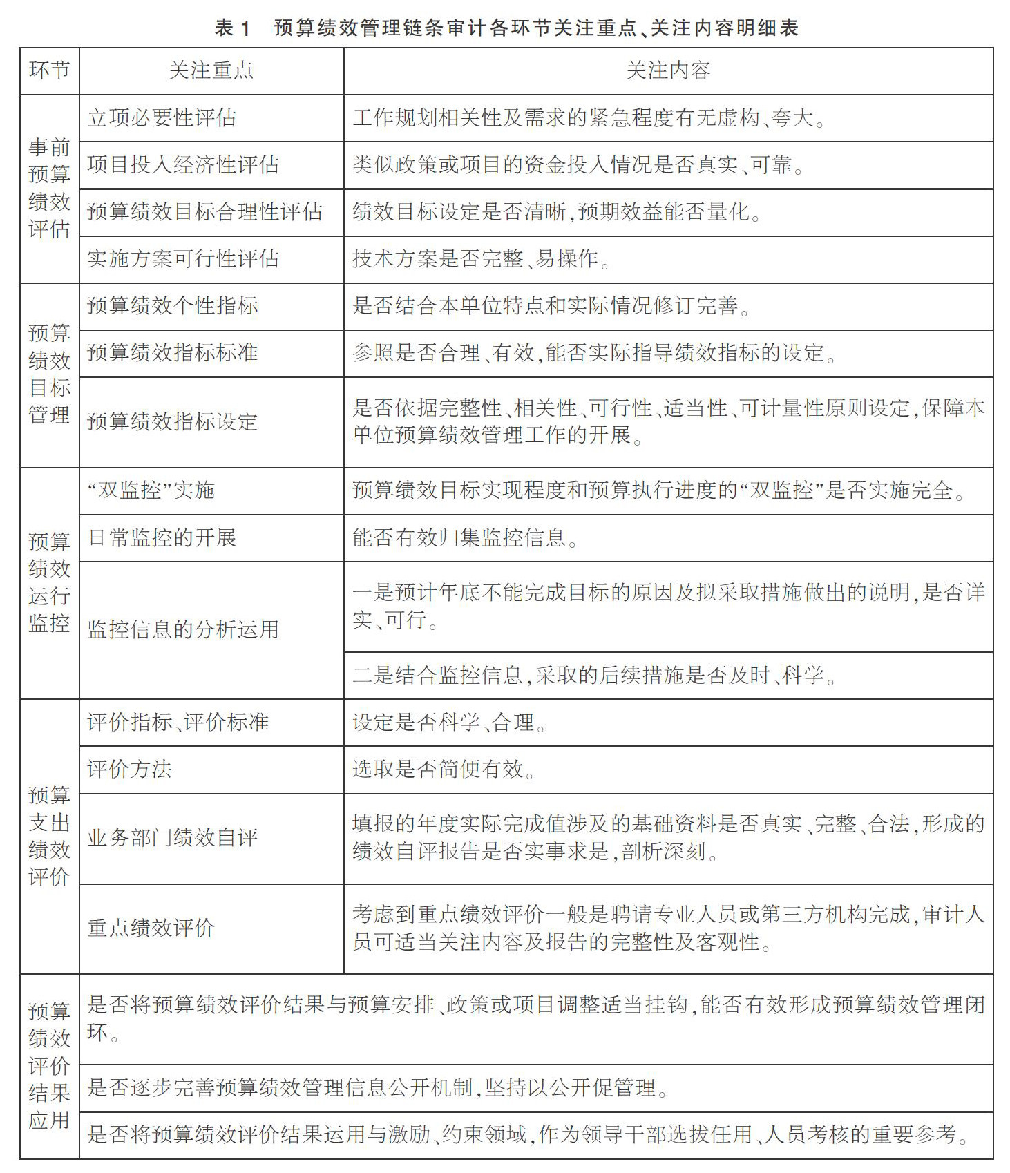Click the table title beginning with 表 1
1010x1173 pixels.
[506, 28]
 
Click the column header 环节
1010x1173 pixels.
[49, 70]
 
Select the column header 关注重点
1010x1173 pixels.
[211, 70]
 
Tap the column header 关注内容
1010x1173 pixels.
[667, 70]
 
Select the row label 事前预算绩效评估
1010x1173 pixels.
[49, 188]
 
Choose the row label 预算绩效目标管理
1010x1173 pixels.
[49, 374]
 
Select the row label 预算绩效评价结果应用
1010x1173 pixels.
[49, 1066]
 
